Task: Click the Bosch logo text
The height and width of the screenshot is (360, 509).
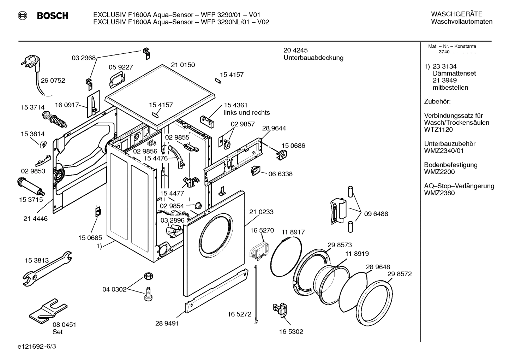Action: (x=52, y=16)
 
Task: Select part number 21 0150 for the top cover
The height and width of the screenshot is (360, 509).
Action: (x=183, y=65)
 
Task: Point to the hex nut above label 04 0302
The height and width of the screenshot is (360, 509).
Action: (x=148, y=276)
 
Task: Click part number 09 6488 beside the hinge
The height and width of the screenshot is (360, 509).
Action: (x=376, y=214)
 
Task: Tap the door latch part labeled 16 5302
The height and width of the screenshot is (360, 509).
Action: (x=281, y=310)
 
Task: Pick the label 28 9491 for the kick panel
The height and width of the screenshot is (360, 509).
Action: (x=167, y=323)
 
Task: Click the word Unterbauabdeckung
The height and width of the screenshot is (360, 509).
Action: (x=313, y=58)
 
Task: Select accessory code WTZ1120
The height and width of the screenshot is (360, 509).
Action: (x=438, y=130)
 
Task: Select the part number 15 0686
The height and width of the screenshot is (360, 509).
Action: (x=293, y=146)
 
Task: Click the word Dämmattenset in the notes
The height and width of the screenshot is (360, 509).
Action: (x=454, y=73)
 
